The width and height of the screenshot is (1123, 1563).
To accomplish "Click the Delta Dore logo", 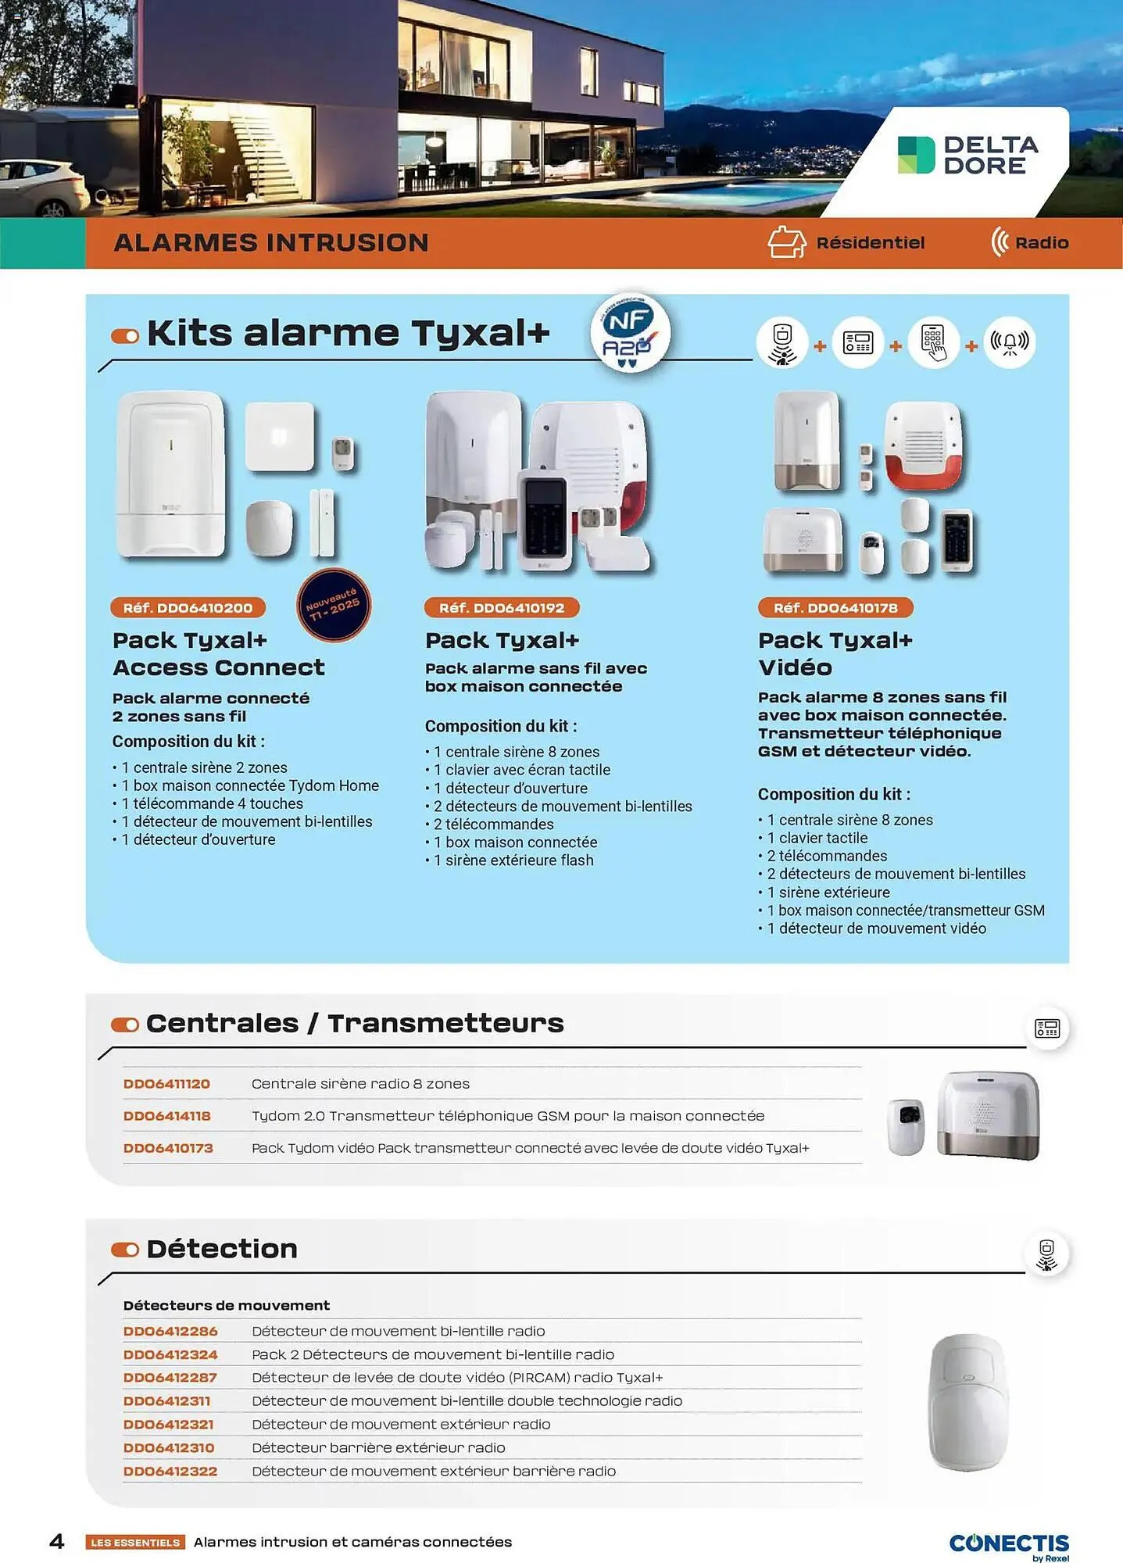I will tap(967, 155).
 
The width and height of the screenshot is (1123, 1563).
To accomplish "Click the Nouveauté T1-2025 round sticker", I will tap(334, 605).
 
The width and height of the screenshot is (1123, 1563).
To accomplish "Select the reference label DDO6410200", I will tap(188, 608).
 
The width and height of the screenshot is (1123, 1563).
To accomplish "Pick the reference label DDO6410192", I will tap(502, 608).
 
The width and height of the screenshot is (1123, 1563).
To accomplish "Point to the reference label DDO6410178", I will tap(835, 608).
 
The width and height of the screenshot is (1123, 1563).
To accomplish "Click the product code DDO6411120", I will tap(166, 1084).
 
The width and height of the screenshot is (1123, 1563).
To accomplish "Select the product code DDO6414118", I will tap(166, 1116).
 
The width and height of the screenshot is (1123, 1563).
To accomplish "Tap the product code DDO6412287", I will tap(170, 1378).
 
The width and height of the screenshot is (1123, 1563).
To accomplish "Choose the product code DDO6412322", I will tap(170, 1472).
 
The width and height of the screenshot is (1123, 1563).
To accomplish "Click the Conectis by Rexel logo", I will tap(1009, 1545).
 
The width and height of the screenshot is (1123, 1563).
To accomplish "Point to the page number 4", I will tap(57, 1541).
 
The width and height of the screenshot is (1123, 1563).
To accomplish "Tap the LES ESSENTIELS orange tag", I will tap(135, 1543).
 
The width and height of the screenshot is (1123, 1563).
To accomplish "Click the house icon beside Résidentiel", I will tap(786, 242).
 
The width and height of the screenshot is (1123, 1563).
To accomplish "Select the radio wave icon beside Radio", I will tap(999, 242).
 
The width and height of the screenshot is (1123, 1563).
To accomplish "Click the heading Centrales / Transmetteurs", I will tap(354, 1024).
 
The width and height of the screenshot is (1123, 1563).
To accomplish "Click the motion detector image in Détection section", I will tap(968, 1401).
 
